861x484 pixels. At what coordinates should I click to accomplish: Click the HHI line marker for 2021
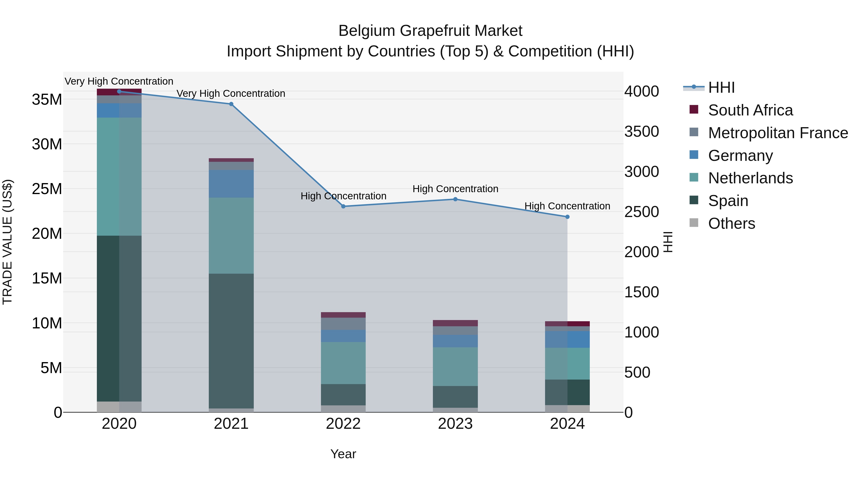tap(231, 104)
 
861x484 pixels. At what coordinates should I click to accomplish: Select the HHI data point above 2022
tap(343, 207)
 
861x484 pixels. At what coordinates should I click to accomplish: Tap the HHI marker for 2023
tap(455, 199)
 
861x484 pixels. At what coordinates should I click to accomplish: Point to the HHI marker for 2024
tap(567, 217)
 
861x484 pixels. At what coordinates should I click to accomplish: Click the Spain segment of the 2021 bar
tap(231, 341)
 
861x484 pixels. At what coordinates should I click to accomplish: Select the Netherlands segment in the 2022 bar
tap(343, 363)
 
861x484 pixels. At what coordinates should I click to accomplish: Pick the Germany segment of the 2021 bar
tap(231, 184)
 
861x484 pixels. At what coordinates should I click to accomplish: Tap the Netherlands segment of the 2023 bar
tap(455, 366)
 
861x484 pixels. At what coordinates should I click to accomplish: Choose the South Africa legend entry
tap(750, 110)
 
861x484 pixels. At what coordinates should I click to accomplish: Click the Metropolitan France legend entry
tap(778, 133)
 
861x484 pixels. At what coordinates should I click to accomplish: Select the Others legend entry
tap(731, 223)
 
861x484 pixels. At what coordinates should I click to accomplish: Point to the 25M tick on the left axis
tap(47, 189)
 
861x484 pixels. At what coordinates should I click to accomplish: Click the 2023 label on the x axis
tap(455, 424)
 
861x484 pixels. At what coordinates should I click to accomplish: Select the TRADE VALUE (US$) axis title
tap(7, 242)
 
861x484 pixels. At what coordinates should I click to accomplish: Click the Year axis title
tap(343, 454)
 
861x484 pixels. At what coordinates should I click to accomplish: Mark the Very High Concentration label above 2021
tap(231, 93)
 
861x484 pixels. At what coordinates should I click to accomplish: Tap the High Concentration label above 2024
tap(567, 206)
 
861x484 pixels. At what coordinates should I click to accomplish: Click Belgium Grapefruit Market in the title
tap(430, 31)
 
